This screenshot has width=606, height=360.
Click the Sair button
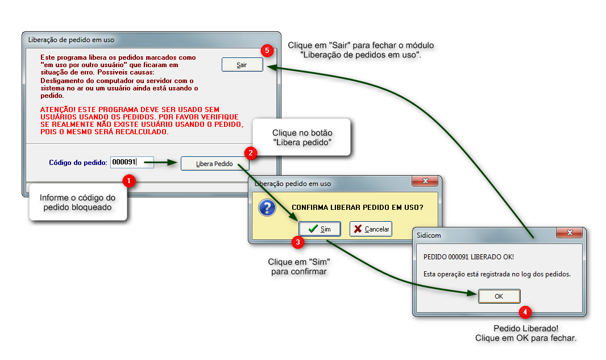[x=242, y=65]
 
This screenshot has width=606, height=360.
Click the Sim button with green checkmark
[x=319, y=229]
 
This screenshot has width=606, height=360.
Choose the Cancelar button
[x=371, y=229]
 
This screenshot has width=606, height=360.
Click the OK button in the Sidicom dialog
[x=499, y=296]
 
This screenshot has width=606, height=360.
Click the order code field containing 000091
[x=132, y=163]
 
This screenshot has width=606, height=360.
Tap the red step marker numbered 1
[x=130, y=181]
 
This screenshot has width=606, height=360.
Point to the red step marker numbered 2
[x=250, y=152]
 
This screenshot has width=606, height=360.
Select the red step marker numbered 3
[x=297, y=242]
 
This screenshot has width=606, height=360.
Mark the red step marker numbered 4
[x=526, y=312]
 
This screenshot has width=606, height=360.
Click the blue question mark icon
[x=267, y=208]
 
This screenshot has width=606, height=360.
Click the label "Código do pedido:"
[x=78, y=163]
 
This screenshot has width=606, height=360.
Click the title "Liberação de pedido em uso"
[x=71, y=40]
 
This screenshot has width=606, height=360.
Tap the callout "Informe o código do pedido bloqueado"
[x=77, y=202]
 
